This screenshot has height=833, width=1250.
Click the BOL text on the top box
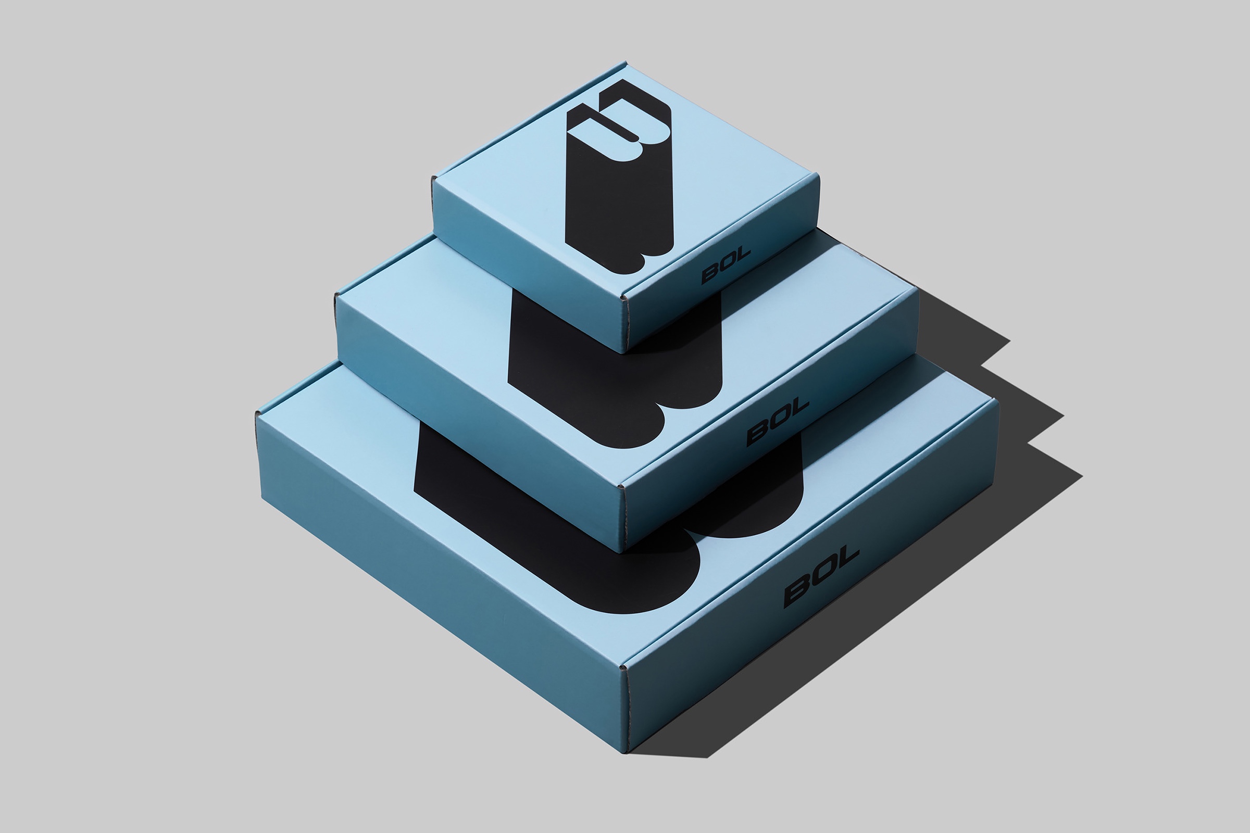[x=726, y=265]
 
